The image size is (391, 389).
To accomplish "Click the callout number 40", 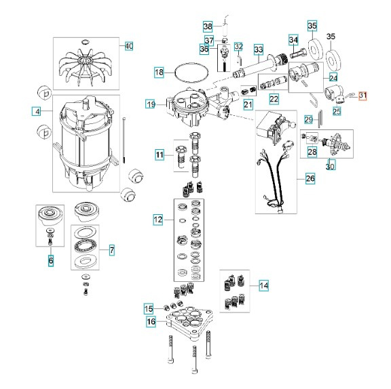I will (x=129, y=46).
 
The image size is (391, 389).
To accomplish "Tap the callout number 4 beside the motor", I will (x=38, y=111).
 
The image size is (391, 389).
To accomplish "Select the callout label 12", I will (x=157, y=220).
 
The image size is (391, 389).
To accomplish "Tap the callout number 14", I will (x=263, y=286).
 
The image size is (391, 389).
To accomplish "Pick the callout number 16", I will (x=151, y=321).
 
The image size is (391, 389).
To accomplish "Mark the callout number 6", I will (x=50, y=260).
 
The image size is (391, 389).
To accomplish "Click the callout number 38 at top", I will (x=208, y=26).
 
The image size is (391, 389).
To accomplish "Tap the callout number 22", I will (x=274, y=99).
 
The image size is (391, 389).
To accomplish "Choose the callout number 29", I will (x=308, y=120).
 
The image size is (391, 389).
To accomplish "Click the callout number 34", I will (x=293, y=39).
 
